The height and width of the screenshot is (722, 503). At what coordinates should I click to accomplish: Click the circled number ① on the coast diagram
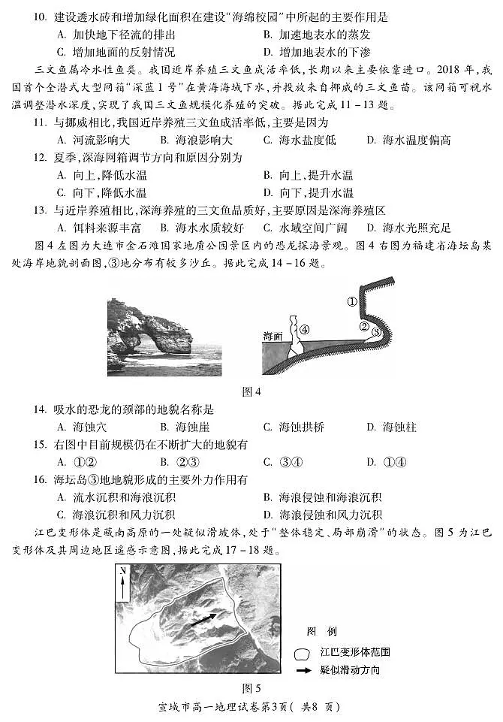352,302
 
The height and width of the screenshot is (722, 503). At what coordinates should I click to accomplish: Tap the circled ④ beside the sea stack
303,329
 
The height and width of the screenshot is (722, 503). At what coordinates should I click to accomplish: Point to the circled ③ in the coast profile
377,331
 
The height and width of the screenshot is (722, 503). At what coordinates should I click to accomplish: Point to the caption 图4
251,391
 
